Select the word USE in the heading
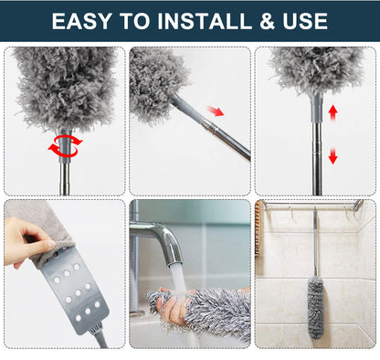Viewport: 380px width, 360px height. [301, 20]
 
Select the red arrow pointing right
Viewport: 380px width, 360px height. [215, 111]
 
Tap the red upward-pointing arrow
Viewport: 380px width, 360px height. [332, 112]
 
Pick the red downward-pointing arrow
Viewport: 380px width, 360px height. [332, 156]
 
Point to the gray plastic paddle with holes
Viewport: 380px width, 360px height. [69, 292]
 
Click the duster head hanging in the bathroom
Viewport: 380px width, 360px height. [315, 306]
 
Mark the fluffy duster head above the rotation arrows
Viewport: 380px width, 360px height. [64, 87]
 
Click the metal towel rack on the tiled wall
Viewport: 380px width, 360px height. [311, 207]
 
